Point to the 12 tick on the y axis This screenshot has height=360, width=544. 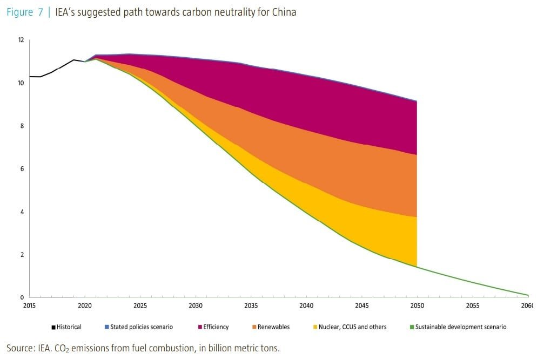(x=21, y=40)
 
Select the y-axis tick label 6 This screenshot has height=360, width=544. (x=22, y=169)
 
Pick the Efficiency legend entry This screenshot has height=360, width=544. (x=216, y=327)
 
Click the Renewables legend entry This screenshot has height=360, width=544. (x=273, y=327)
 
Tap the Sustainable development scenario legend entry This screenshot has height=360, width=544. (x=461, y=327)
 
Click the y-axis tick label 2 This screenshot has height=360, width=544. (x=22, y=255)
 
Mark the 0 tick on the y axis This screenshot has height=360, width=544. (x=22, y=297)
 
